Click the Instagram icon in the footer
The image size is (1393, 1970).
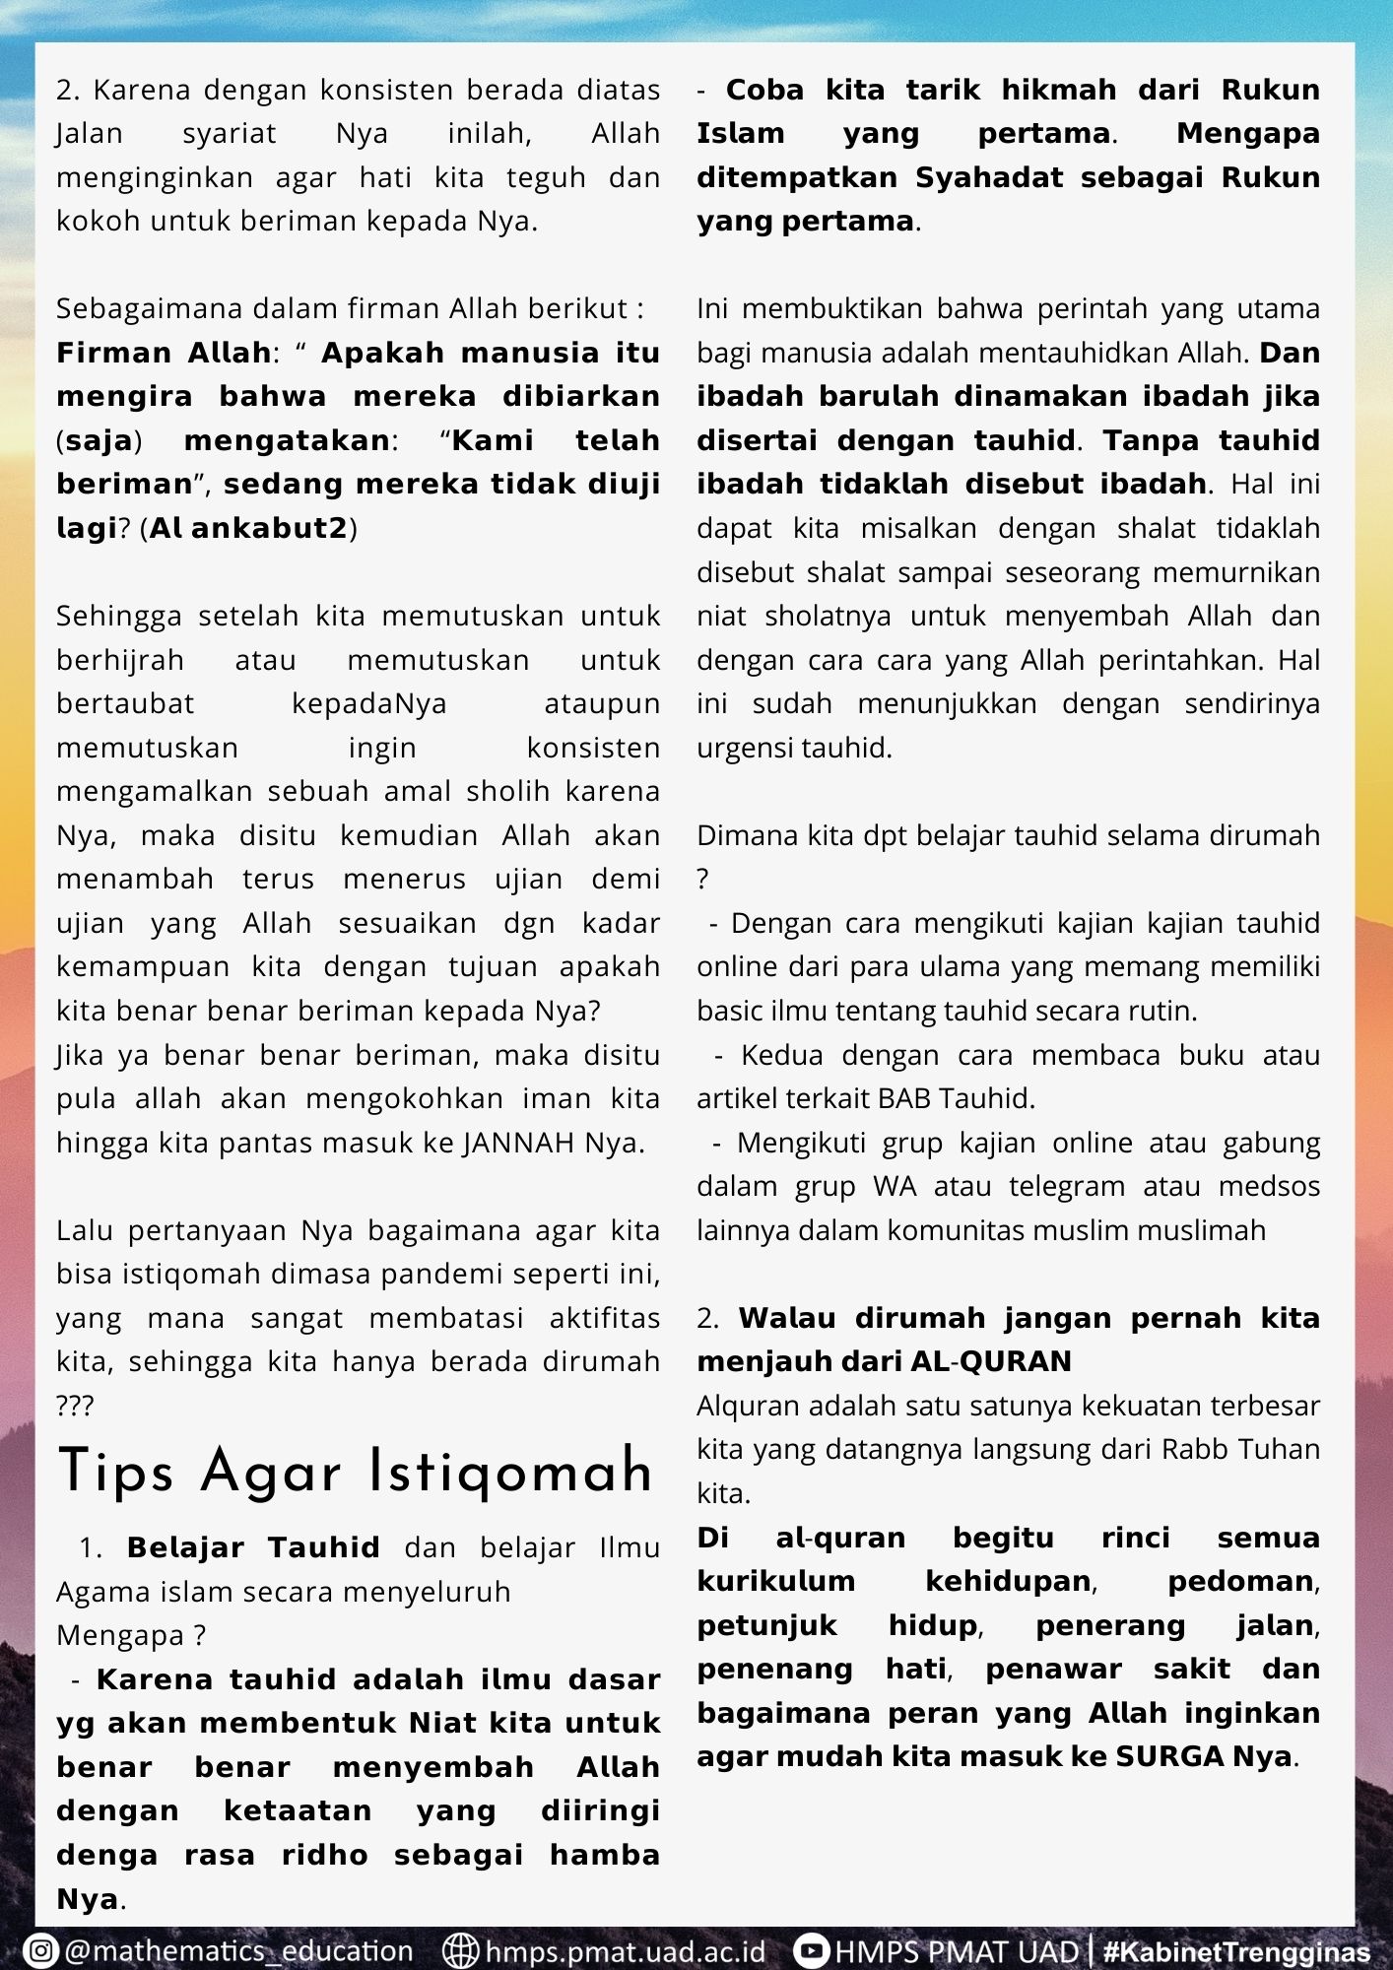tap(40, 1951)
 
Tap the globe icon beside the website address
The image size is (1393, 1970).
tap(460, 1951)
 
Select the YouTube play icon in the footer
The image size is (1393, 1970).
tap(812, 1951)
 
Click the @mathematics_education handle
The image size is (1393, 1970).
tap(238, 1951)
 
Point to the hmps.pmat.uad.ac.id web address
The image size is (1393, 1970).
tap(626, 1951)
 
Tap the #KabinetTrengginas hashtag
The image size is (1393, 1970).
tap(1236, 1951)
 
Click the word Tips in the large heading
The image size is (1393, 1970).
tap(116, 1474)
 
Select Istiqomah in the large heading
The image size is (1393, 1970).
tap(510, 1474)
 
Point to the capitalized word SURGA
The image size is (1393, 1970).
tap(1156, 1756)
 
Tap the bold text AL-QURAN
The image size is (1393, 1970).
tap(991, 1361)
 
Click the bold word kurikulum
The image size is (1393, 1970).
tap(776, 1581)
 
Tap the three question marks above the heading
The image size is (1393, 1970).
tap(75, 1406)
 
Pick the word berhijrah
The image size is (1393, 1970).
tap(120, 660)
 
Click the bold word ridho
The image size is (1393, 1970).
tap(324, 1855)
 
